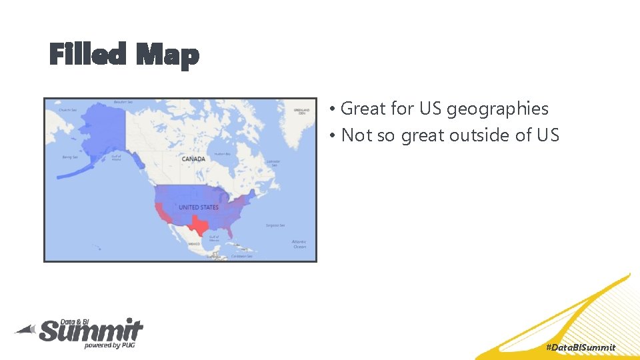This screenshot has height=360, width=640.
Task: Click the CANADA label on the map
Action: (193, 159)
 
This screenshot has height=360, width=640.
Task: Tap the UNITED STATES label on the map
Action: (198, 207)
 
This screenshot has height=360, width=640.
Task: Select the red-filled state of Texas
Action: (198, 225)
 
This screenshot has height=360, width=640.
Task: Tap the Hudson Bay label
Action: (222, 155)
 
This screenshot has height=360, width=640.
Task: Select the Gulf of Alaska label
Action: (116, 158)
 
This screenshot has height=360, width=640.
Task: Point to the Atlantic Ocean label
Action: (299, 244)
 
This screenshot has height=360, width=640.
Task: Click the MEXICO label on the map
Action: (194, 244)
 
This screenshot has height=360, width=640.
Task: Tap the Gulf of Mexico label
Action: (213, 238)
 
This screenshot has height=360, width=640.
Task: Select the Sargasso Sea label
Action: (275, 225)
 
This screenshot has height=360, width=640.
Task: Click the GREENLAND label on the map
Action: (301, 111)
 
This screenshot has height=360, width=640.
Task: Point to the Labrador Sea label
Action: (273, 162)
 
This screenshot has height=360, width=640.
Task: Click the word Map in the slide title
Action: (167, 55)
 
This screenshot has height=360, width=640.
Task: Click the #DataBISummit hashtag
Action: (581, 347)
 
